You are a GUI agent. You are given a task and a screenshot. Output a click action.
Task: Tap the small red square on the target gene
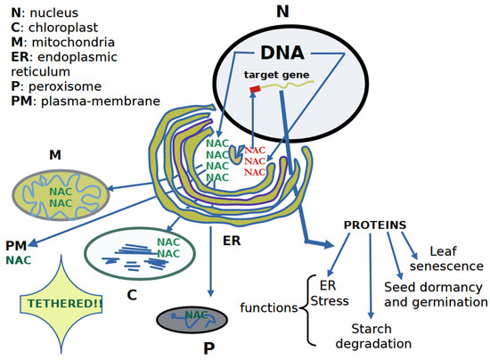(254, 89)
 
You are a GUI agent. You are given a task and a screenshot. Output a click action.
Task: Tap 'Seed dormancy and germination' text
(435, 295)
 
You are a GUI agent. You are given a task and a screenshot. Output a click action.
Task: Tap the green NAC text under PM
(19, 260)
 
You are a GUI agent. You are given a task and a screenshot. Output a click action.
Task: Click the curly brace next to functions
(307, 308)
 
